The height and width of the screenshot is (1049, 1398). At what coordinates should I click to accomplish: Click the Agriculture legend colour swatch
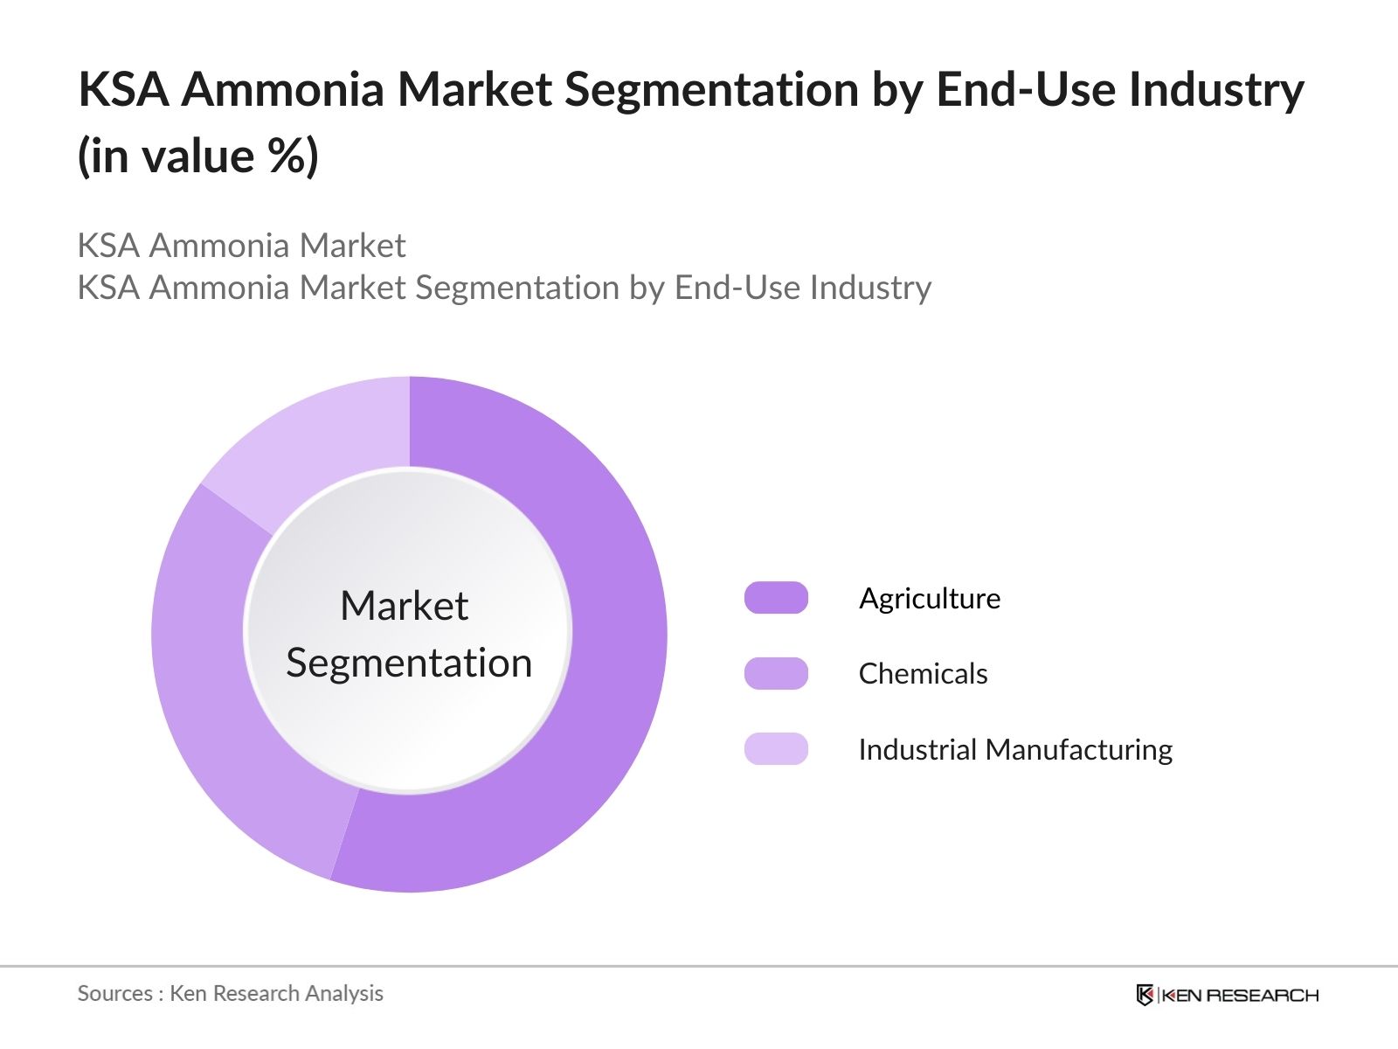[776, 598]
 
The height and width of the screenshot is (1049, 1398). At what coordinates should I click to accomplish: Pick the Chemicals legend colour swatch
[776, 673]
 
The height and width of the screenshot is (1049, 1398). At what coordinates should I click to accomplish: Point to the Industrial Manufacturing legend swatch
[776, 749]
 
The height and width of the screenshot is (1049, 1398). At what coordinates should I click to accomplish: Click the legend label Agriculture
[930, 598]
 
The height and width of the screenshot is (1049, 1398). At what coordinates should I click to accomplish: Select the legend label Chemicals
[923, 673]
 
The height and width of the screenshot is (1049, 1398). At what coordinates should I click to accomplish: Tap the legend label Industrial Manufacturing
[1015, 749]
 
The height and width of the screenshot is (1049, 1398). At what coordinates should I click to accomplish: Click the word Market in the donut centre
[404, 606]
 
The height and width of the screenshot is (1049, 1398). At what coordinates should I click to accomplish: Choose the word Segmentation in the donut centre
[409, 663]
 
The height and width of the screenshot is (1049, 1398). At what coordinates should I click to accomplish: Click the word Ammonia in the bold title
[282, 89]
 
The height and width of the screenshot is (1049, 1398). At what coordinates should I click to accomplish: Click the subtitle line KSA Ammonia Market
[241, 246]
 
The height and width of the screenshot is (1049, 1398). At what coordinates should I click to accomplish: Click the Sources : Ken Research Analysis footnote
[230, 993]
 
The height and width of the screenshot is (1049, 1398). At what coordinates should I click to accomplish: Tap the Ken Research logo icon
[1145, 995]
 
